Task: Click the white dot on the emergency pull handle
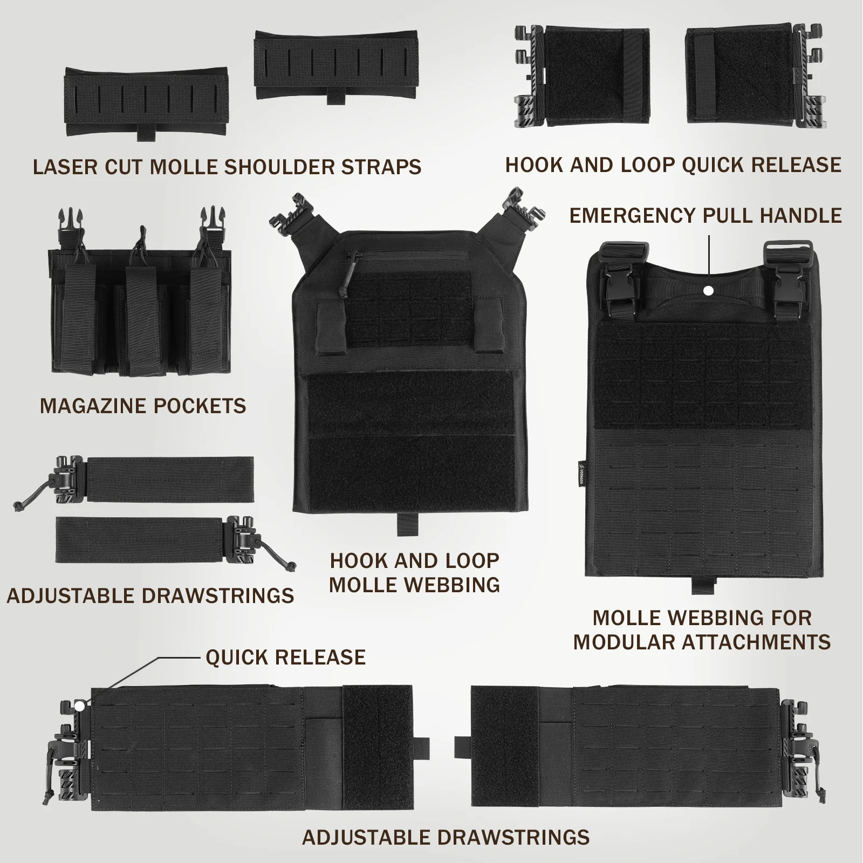click(709, 291)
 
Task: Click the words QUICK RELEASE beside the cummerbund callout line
click(285, 657)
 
